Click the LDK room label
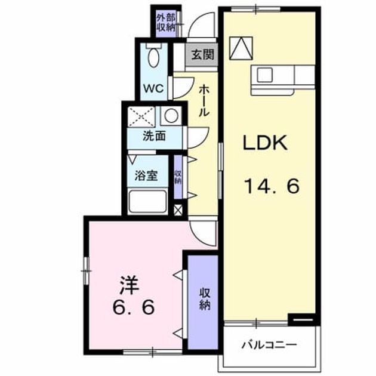265,143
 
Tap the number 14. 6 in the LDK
272,187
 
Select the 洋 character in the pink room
130,285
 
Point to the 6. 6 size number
133,307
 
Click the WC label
153,88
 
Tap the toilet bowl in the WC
154,57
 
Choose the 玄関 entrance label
203,55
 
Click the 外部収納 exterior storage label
166,23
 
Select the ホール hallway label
204,100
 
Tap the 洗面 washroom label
154,136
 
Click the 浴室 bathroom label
146,175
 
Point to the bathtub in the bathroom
148,202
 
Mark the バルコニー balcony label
269,345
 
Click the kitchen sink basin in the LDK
265,75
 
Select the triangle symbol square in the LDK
241,48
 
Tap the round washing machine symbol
171,116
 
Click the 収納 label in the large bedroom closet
205,299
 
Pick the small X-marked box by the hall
178,211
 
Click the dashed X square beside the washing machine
141,117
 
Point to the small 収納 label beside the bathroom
178,177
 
